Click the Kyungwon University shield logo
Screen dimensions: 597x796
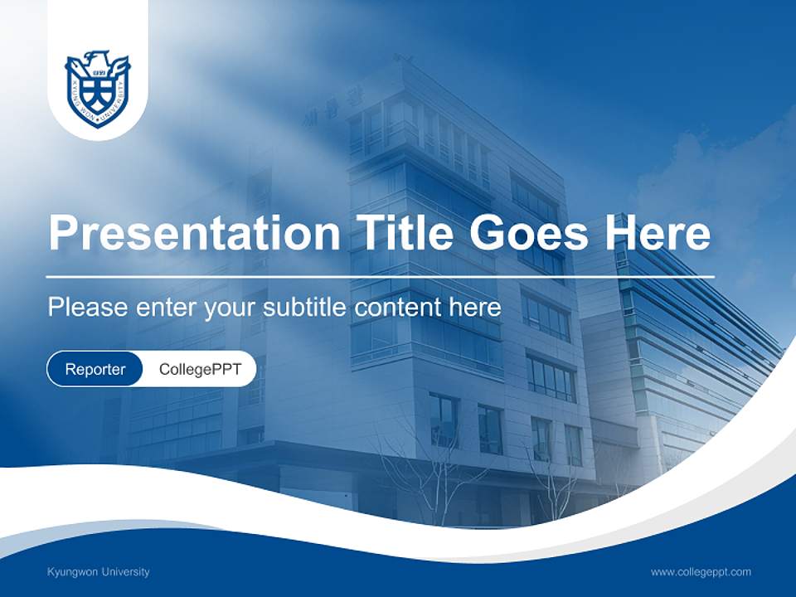(98, 90)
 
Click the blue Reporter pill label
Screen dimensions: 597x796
(95, 369)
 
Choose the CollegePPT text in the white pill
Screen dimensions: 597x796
(199, 369)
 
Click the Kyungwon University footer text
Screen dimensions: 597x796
(99, 572)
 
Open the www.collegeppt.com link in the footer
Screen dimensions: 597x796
(701, 572)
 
